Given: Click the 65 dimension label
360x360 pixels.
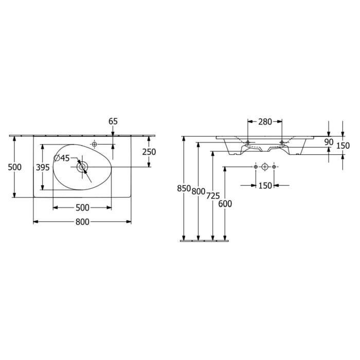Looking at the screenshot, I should (113, 121).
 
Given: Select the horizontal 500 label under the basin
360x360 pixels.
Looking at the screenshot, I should (82, 208).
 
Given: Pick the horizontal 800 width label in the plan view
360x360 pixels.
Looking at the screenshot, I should (82, 222).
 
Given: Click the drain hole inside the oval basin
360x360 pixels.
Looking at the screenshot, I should (81, 167).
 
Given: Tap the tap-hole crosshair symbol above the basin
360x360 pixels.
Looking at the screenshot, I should (94, 143).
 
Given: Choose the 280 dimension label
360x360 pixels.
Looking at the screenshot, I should (265, 121).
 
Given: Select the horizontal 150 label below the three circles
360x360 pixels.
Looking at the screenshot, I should (264, 186).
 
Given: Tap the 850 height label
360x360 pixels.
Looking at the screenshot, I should (184, 189).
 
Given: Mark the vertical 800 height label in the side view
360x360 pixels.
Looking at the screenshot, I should (198, 191).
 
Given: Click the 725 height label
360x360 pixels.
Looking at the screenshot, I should (212, 196).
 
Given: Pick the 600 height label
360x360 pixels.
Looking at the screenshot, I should (225, 204).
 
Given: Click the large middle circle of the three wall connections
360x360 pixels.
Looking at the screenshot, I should (264, 167).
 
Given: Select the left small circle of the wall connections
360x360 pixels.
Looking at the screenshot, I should (255, 167).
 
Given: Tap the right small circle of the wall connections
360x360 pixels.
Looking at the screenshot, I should (274, 167).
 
